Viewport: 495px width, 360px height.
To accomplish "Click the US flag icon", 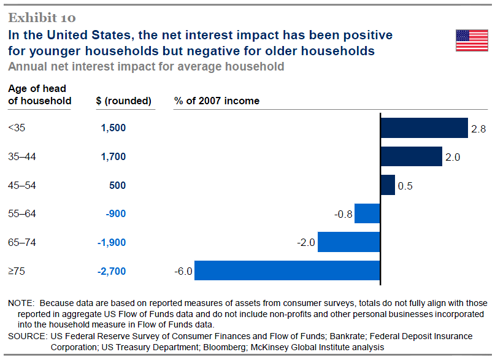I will click(x=472, y=40).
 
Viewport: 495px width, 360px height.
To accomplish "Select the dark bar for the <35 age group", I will click(x=424, y=128).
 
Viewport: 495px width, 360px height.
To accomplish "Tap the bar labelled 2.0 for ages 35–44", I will click(x=411, y=156).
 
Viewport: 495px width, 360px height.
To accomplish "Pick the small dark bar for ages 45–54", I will click(x=388, y=185).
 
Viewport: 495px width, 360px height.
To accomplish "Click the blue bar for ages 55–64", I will click(x=367, y=213).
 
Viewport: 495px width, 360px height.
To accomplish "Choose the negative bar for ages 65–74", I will click(x=349, y=242).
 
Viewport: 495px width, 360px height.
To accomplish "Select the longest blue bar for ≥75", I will click(x=287, y=270).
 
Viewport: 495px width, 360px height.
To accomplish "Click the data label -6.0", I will click(x=184, y=271).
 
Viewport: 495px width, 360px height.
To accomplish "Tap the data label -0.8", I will click(x=343, y=214).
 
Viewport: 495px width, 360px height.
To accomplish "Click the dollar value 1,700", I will click(x=113, y=157).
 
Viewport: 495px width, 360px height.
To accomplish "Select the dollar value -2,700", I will click(x=112, y=271).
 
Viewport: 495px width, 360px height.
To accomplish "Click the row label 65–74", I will click(x=22, y=242).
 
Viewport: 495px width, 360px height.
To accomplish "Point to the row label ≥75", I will click(x=17, y=271).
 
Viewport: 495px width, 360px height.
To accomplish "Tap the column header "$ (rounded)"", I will click(x=124, y=101).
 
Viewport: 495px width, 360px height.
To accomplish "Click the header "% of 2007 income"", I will click(x=217, y=101).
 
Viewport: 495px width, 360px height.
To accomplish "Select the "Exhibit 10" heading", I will click(x=42, y=17).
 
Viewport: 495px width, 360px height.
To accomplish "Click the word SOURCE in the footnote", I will click(x=26, y=336).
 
